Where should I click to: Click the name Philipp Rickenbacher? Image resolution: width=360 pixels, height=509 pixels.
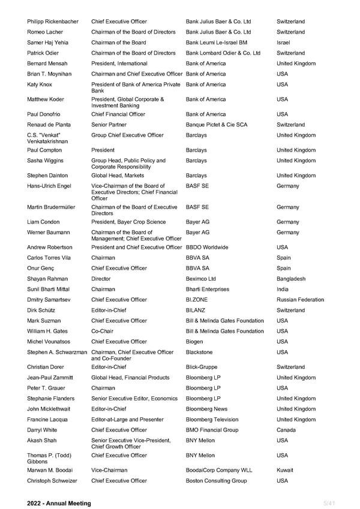pyautogui.click(x=52, y=22)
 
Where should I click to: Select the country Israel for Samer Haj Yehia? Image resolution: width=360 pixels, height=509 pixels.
pyautogui.click(x=283, y=43)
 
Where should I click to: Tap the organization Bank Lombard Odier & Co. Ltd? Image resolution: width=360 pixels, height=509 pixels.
pyautogui.click(x=223, y=53)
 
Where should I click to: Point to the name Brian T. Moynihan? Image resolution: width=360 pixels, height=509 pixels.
pyautogui.click(x=52, y=74)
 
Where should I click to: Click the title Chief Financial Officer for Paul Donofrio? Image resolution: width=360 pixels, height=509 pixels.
pyautogui.click(x=118, y=114)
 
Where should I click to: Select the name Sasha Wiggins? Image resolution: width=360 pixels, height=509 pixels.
pyautogui.click(x=45, y=161)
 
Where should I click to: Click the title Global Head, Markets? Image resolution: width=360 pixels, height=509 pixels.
pyautogui.click(x=118, y=176)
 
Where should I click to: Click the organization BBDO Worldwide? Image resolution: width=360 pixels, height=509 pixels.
pyautogui.click(x=207, y=247)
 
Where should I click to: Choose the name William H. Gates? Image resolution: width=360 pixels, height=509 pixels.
pyautogui.click(x=50, y=331)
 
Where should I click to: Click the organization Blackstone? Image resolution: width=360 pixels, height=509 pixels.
pyautogui.click(x=199, y=352)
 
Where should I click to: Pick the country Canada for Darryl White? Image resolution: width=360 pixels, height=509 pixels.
pyautogui.click(x=286, y=430)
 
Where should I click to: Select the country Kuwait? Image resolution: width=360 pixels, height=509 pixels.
pyautogui.click(x=285, y=470)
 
